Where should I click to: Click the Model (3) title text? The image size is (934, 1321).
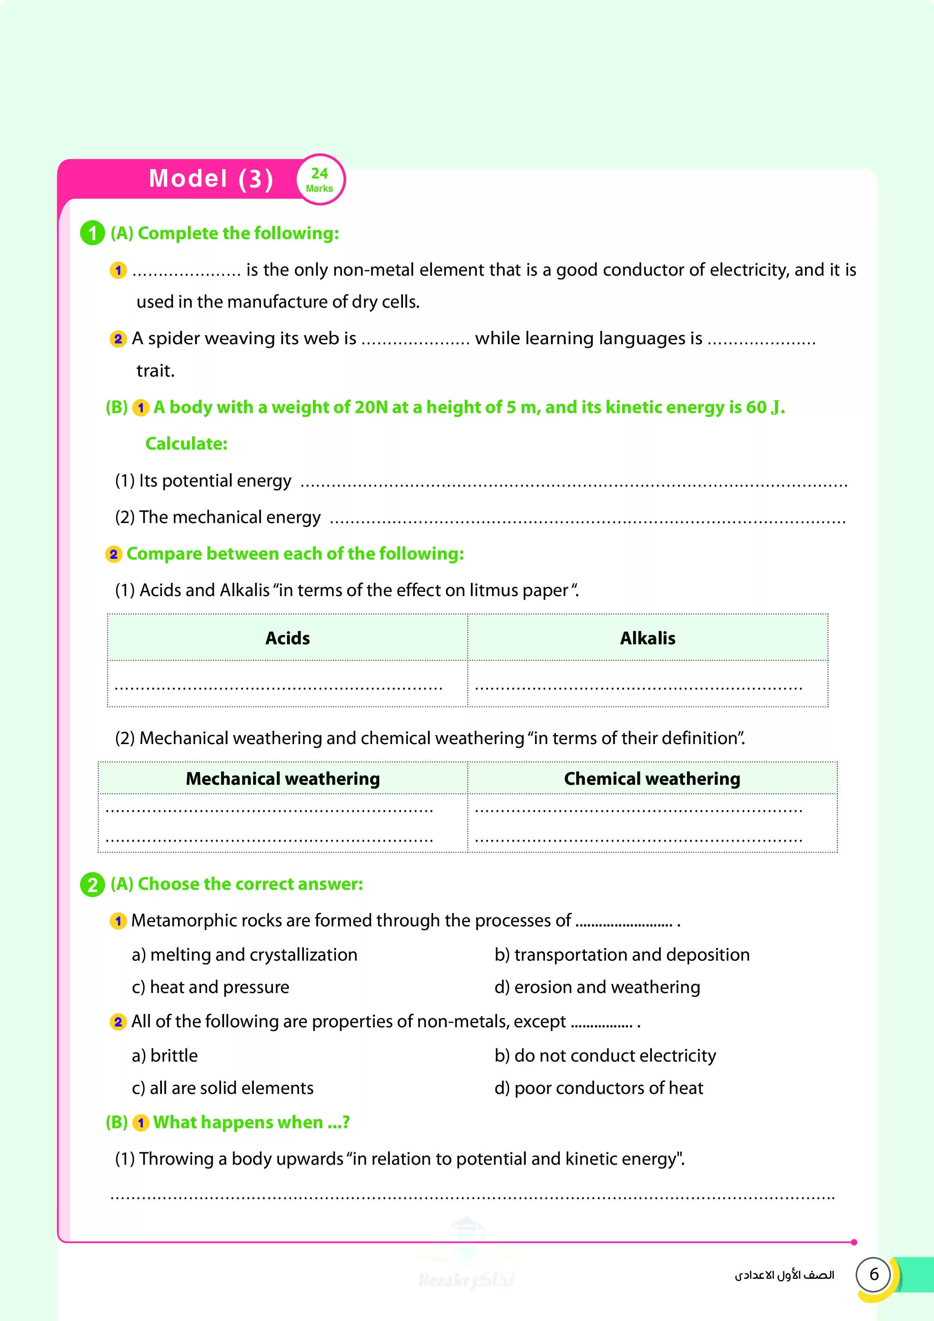tap(211, 179)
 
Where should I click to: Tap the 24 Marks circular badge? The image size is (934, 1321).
tap(320, 180)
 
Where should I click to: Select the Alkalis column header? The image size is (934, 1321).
tap(647, 638)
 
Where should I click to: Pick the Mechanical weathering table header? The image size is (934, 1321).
tap(282, 778)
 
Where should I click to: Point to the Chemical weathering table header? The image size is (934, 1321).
tap(652, 778)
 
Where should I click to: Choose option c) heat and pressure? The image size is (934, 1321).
tap(211, 987)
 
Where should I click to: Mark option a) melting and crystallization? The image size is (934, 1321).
tap(244, 955)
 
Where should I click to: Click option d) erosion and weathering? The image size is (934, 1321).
tap(597, 987)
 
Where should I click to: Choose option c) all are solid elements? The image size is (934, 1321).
tap(223, 1088)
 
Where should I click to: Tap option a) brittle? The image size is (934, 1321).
tap(165, 1056)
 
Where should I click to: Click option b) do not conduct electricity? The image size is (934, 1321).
tap(605, 1056)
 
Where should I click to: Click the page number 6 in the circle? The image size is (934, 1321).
tap(874, 1274)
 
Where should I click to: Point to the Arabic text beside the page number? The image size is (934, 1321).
tap(784, 1275)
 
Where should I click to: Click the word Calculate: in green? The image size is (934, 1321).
tap(186, 444)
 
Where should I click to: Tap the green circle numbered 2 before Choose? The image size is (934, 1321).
tap(92, 885)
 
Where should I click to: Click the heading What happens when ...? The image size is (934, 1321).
tap(251, 1123)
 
